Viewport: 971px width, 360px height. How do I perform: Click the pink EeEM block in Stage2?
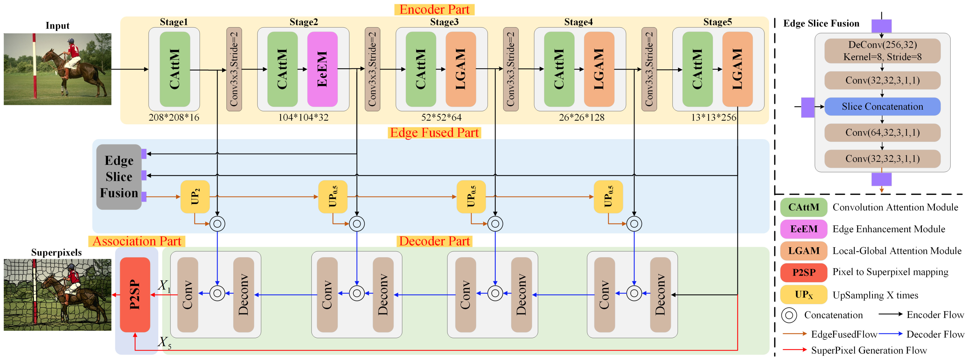click(322, 69)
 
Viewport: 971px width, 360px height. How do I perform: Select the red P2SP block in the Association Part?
click(135, 295)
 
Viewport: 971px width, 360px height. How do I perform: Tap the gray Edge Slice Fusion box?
click(119, 177)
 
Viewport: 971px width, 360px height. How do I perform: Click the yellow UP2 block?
click(195, 196)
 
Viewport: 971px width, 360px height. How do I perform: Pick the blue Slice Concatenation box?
click(882, 107)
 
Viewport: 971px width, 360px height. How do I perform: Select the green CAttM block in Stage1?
click(175, 69)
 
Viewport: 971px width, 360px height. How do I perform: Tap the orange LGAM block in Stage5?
click(737, 69)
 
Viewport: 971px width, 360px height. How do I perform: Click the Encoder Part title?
click(434, 9)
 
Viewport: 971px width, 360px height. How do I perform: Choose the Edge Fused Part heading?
click(434, 133)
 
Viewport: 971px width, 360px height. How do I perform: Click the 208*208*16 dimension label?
click(174, 117)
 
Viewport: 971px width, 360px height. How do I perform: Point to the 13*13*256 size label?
click(713, 117)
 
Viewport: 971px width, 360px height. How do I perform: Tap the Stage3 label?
click(444, 22)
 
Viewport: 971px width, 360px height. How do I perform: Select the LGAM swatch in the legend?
click(803, 251)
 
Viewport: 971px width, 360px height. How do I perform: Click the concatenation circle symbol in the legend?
click(789, 315)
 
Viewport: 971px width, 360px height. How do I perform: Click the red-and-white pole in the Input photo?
click(34, 66)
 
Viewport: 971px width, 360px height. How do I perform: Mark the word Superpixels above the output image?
click(56, 253)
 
